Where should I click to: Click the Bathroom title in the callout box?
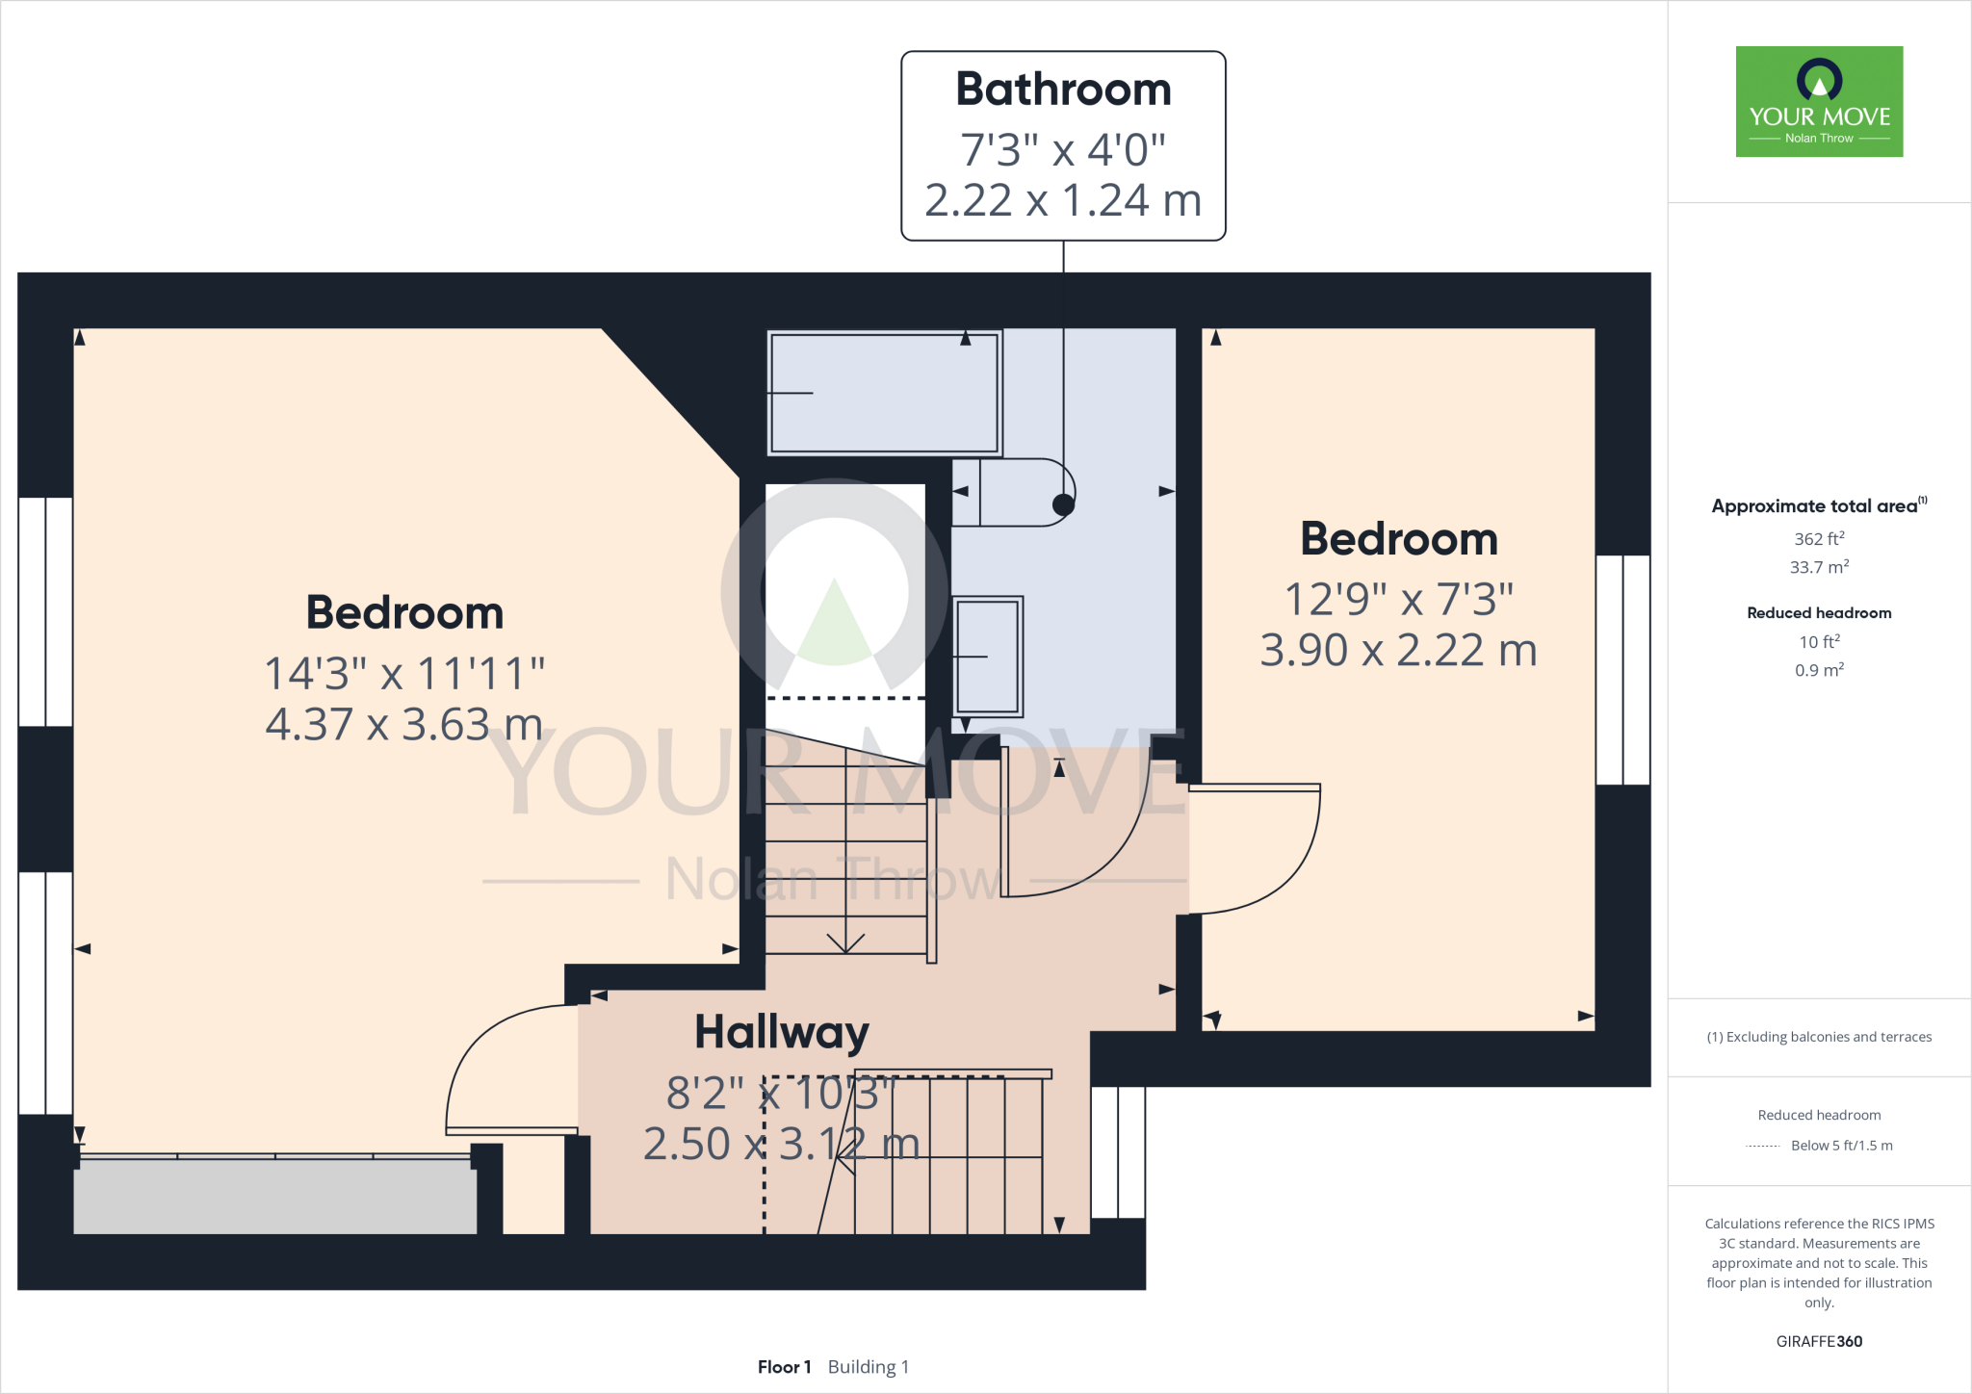tap(1063, 90)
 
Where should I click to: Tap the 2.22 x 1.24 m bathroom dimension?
tap(1063, 200)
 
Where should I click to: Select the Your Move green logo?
tap(1819, 101)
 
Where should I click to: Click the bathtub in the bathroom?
tap(884, 392)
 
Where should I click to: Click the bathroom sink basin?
tap(988, 657)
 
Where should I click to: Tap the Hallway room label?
tap(782, 1032)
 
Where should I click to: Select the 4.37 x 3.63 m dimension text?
tap(404, 724)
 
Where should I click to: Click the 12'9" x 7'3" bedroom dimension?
tap(1399, 599)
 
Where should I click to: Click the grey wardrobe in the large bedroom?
tap(275, 1197)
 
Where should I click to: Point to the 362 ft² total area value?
tap(1819, 539)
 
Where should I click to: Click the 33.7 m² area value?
tap(1819, 567)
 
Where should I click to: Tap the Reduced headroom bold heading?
tap(1819, 613)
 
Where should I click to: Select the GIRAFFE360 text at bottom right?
tap(1819, 1341)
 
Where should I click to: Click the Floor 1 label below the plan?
tap(784, 1367)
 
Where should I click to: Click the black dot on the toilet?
tap(1063, 504)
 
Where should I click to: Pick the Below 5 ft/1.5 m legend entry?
tap(1840, 1146)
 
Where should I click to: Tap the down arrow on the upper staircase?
tap(845, 942)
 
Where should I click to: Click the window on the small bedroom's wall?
tap(1623, 670)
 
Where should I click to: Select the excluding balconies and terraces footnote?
tap(1819, 1037)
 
